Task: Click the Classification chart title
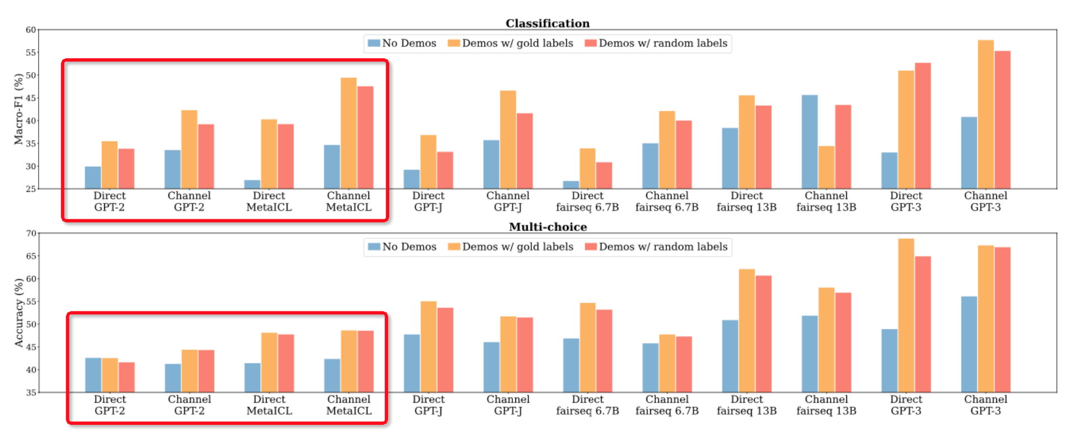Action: [547, 23]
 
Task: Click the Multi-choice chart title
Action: [547, 227]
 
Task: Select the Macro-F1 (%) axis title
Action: [19, 109]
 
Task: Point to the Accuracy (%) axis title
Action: [19, 313]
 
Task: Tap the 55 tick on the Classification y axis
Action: [31, 53]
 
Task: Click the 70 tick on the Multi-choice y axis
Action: [31, 233]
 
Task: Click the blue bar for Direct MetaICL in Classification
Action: [252, 185]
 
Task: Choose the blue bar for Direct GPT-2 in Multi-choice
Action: [93, 375]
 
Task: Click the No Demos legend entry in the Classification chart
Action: [402, 43]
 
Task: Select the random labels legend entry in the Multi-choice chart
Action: [656, 247]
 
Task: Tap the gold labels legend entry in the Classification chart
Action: [511, 43]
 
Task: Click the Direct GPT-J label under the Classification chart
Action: [428, 201]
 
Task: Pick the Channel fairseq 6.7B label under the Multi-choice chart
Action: [666, 405]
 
